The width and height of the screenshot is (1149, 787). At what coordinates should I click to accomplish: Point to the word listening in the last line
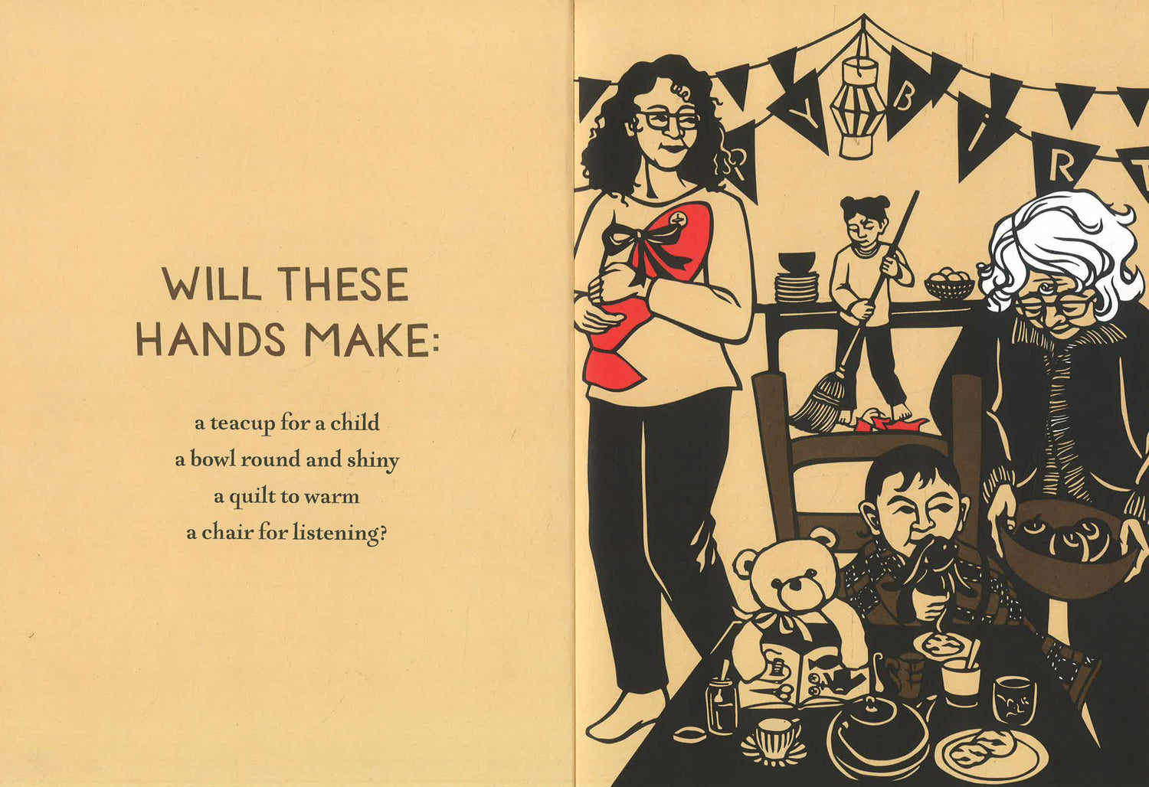[339, 534]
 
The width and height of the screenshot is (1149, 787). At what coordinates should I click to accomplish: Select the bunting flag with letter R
[1063, 162]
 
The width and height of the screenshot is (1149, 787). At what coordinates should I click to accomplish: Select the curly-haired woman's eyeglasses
[667, 120]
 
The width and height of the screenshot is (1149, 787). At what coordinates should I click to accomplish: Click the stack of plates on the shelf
[796, 287]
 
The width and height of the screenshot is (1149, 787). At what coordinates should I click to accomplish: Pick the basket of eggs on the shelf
[949, 283]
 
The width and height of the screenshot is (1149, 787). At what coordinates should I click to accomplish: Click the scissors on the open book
[775, 693]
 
